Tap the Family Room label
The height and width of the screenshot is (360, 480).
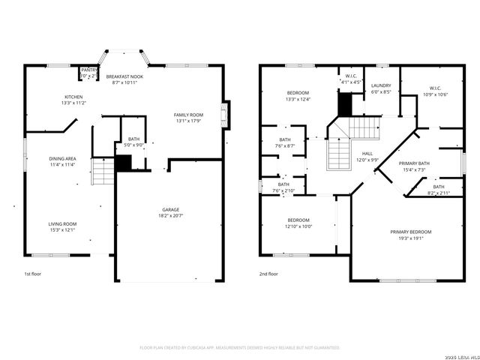[189, 113]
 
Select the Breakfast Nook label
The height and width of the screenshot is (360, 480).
[124, 76]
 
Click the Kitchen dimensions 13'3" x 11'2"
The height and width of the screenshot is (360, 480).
[73, 103]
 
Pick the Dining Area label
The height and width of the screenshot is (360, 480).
[62, 158]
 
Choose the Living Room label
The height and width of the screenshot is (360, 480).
[64, 223]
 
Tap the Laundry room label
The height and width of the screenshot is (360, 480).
[381, 85]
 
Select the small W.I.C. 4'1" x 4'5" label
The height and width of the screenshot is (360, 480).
[351, 77]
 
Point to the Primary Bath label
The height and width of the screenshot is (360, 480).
[414, 163]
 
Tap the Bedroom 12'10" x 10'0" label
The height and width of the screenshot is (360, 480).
[298, 220]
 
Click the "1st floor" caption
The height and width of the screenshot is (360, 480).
[32, 274]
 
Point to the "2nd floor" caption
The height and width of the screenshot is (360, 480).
[268, 274]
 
